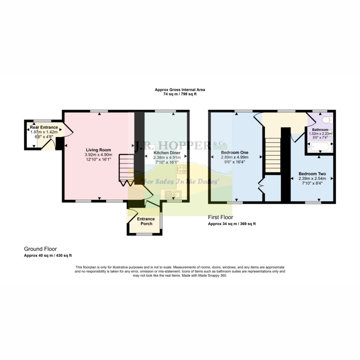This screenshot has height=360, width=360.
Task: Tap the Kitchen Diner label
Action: coord(167,153)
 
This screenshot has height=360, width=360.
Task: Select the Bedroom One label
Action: coord(234,153)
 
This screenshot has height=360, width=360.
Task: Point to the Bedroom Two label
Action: coord(312,174)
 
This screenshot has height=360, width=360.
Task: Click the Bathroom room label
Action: coord(320,130)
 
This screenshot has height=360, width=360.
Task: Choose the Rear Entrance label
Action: coord(44,127)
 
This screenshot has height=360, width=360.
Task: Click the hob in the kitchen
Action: coord(182,169)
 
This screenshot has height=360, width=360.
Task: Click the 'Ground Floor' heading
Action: coord(40,249)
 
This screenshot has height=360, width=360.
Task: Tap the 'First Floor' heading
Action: coord(220,217)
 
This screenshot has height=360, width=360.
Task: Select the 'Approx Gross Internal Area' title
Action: coord(180,90)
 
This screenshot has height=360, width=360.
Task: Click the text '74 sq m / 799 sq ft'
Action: coord(180,95)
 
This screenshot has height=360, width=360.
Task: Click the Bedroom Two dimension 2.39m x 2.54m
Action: coord(312,178)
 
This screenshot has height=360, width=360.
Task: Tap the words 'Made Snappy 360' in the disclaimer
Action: coord(213,276)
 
